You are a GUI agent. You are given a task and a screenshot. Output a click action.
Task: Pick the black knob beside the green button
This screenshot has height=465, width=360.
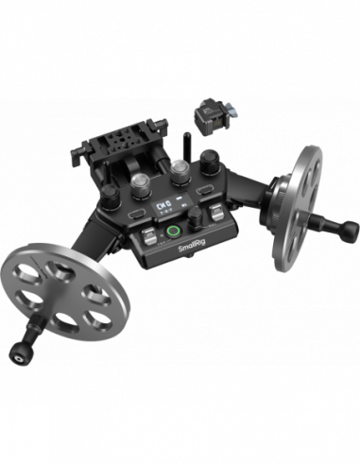pos(199,219)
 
